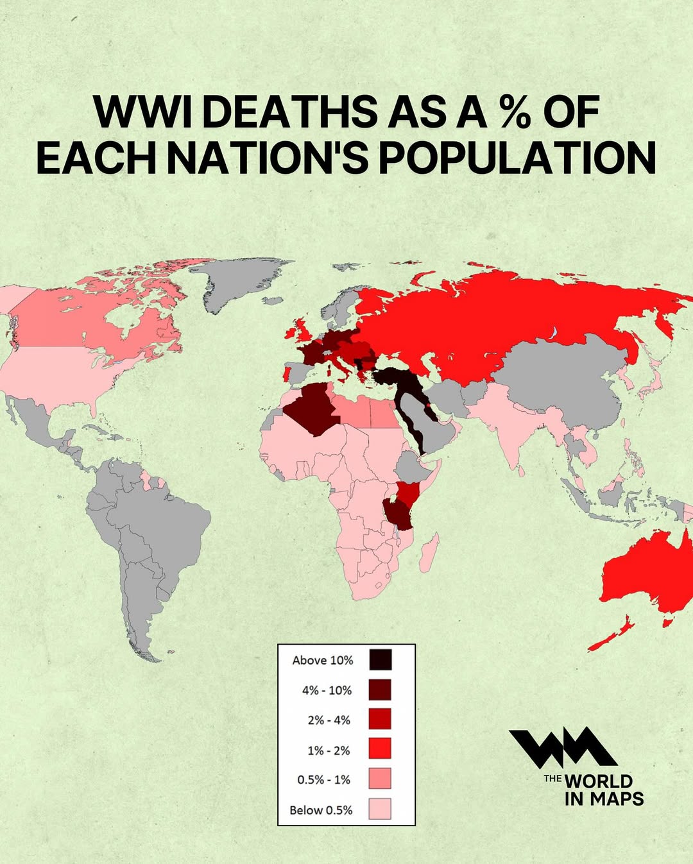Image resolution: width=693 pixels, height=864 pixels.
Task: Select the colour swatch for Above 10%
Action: (x=380, y=659)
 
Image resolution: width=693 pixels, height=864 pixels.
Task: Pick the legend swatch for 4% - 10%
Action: (x=380, y=690)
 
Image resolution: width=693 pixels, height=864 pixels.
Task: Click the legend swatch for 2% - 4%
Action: (x=380, y=719)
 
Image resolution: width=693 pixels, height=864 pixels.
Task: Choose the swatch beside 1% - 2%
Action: (x=380, y=749)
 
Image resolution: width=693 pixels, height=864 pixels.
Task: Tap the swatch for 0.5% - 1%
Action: (x=380, y=779)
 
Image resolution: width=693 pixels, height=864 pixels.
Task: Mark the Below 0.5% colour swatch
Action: (x=380, y=809)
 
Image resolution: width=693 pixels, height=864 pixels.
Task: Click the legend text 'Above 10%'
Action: (x=322, y=660)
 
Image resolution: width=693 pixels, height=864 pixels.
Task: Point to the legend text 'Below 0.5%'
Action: (x=321, y=810)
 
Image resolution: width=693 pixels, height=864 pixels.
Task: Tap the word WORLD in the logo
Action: (x=598, y=781)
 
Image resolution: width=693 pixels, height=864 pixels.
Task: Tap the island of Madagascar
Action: (x=429, y=551)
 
